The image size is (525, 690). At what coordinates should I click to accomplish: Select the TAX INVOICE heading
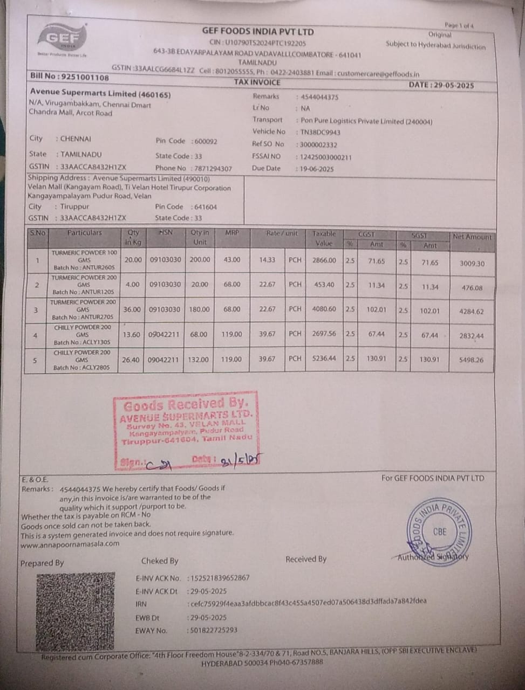pyautogui.click(x=257, y=82)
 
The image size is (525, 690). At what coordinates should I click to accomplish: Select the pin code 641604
pyautogui.click(x=204, y=206)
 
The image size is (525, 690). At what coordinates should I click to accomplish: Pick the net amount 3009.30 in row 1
pyautogui.click(x=472, y=264)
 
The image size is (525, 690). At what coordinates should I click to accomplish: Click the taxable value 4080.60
pyautogui.click(x=324, y=309)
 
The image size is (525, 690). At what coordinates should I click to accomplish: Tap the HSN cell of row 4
pyautogui.click(x=164, y=334)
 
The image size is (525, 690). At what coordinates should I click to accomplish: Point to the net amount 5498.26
pyautogui.click(x=472, y=360)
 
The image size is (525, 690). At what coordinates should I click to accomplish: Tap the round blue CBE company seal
pyautogui.click(x=439, y=531)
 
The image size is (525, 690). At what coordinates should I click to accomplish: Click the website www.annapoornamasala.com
pyautogui.click(x=70, y=543)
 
